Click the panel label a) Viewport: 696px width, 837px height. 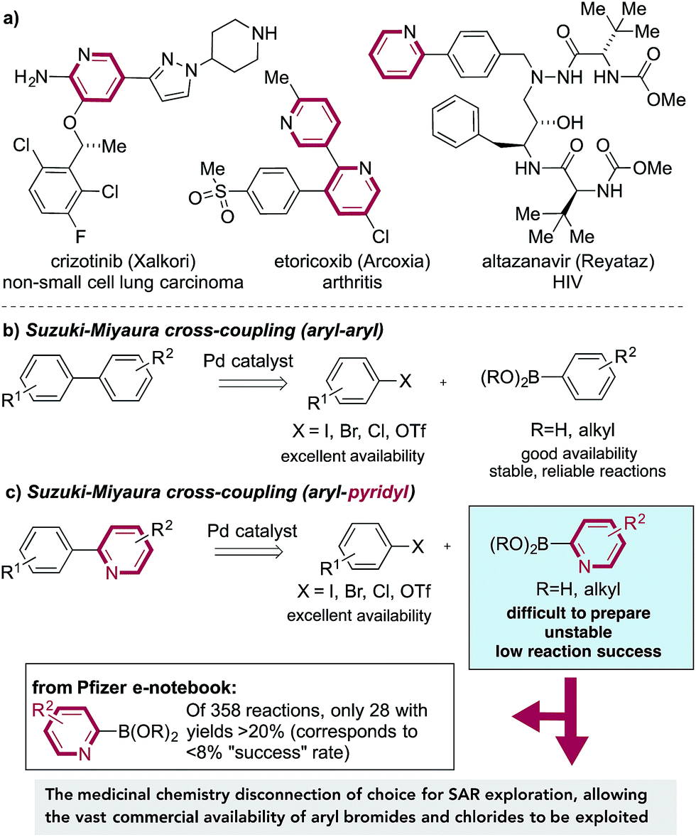(13, 12)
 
